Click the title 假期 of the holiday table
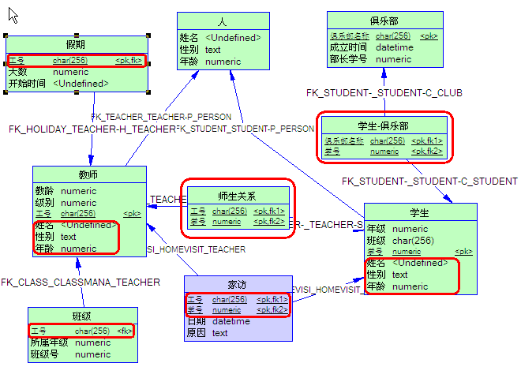76,43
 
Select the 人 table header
223,21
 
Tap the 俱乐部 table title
383,21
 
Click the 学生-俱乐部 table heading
383,125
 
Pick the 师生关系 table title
237,195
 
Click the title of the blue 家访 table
238,283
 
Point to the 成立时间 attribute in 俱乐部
349,47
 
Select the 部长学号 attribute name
349,59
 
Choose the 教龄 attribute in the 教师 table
44,191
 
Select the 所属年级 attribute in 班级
48,342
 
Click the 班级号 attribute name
43,354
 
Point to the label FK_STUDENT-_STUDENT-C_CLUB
384,93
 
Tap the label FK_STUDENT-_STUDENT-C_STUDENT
429,182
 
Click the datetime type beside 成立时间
394,47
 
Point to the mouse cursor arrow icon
13,14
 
